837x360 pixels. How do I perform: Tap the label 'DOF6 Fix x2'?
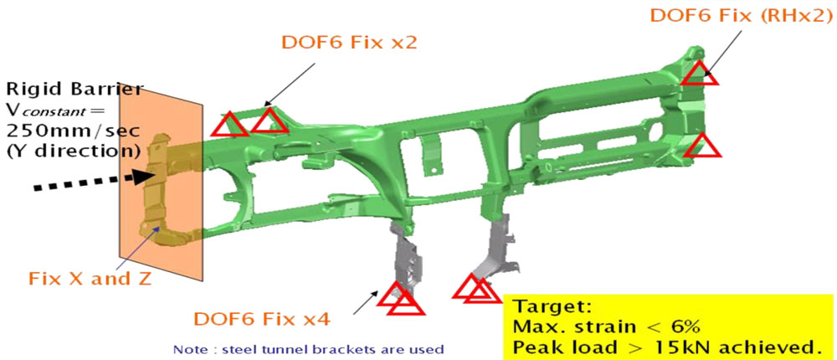tap(349, 43)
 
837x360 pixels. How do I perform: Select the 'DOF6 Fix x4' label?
tap(261, 320)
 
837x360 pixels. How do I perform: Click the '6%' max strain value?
tap(680, 327)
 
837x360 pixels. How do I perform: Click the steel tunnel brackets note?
tap(309, 350)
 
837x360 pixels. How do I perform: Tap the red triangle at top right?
tap(699, 74)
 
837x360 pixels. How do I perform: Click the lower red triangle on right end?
tap(702, 146)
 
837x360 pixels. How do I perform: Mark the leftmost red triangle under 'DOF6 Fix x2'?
tap(229, 125)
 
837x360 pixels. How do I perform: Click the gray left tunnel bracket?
tap(407, 262)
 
